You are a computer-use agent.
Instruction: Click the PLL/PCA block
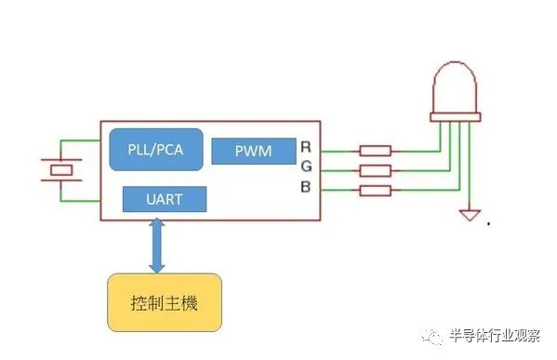click(156, 149)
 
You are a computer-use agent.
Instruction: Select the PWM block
click(254, 151)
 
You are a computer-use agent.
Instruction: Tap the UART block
click(165, 199)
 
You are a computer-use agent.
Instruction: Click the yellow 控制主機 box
click(165, 302)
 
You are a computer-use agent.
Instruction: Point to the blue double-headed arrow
click(156, 246)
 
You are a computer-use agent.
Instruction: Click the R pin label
click(306, 147)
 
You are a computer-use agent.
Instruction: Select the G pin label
click(306, 167)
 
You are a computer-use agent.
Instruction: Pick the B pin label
click(306, 187)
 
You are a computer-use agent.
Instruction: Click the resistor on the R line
click(376, 151)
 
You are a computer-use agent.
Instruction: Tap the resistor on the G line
click(376, 171)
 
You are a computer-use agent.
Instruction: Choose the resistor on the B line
click(376, 191)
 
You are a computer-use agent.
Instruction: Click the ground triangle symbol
click(470, 215)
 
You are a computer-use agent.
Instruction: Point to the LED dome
click(455, 87)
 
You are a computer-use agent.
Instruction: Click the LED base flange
click(456, 117)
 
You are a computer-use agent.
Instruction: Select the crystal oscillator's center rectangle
click(61, 170)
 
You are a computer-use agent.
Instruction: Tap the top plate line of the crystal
click(61, 160)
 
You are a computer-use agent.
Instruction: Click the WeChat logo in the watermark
click(432, 336)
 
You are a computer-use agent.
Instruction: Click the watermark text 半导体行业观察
click(495, 335)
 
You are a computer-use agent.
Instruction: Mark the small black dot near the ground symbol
click(489, 223)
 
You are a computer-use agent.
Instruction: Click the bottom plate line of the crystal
click(61, 180)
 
